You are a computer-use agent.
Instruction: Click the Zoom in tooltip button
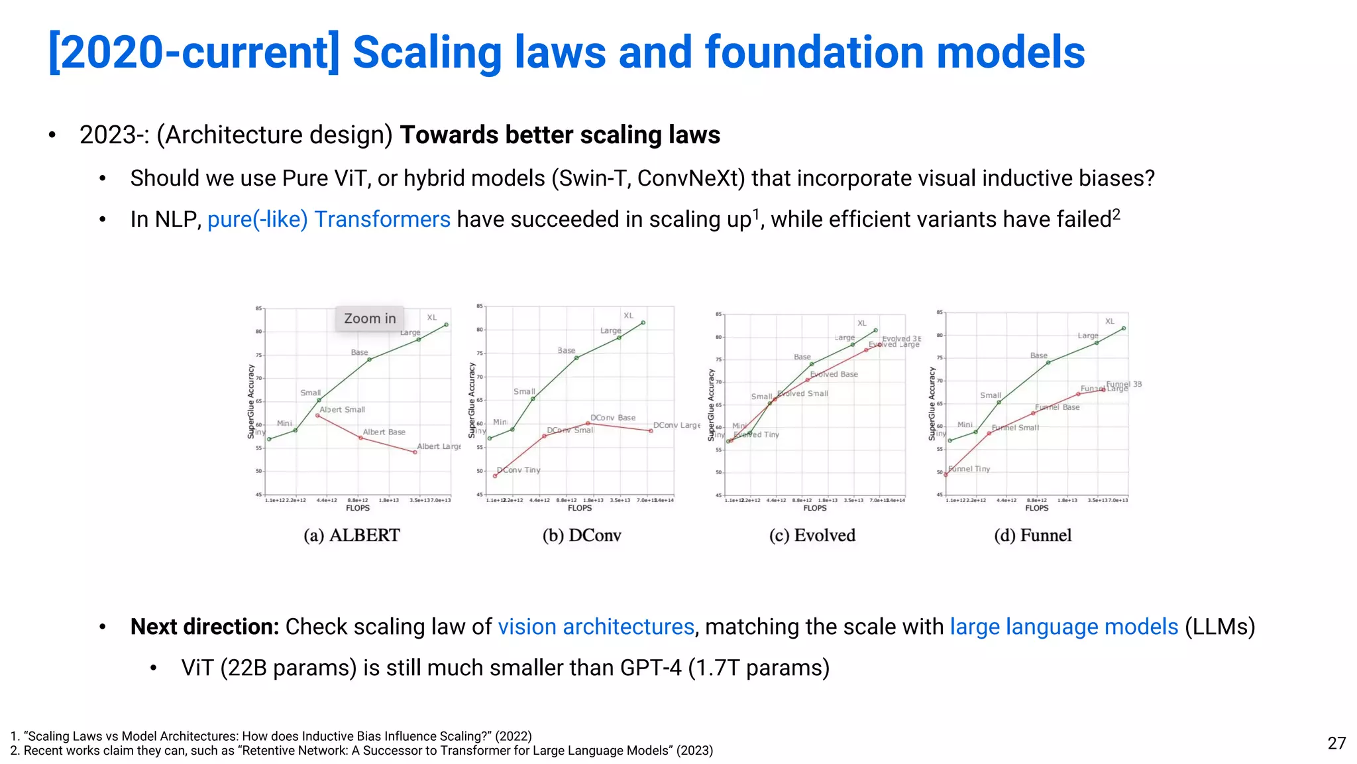pos(370,318)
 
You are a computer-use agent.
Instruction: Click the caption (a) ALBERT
pos(352,535)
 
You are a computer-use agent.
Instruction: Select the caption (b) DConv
pos(582,535)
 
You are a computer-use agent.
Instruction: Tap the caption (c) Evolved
pos(812,535)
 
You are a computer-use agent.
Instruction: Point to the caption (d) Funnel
pos(1032,535)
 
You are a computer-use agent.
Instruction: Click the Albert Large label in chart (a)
pos(439,446)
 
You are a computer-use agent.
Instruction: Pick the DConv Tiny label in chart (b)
pos(519,470)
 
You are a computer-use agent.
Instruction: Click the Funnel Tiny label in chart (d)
pos(969,469)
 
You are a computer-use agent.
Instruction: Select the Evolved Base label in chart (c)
pos(834,374)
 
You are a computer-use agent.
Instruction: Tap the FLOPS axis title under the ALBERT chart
pos(358,508)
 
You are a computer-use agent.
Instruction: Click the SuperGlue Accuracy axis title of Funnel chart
pos(932,405)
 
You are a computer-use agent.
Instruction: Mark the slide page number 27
pos(1336,743)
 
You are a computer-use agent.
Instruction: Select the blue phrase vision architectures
pos(596,627)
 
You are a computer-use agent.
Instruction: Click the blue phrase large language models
pos(1063,627)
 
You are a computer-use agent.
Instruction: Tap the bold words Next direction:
pos(205,627)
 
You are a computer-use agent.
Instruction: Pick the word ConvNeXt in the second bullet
pos(686,178)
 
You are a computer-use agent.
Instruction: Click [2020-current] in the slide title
pos(194,53)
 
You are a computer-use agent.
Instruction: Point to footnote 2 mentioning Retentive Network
pos(362,751)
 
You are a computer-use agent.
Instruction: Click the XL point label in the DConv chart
pos(628,316)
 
